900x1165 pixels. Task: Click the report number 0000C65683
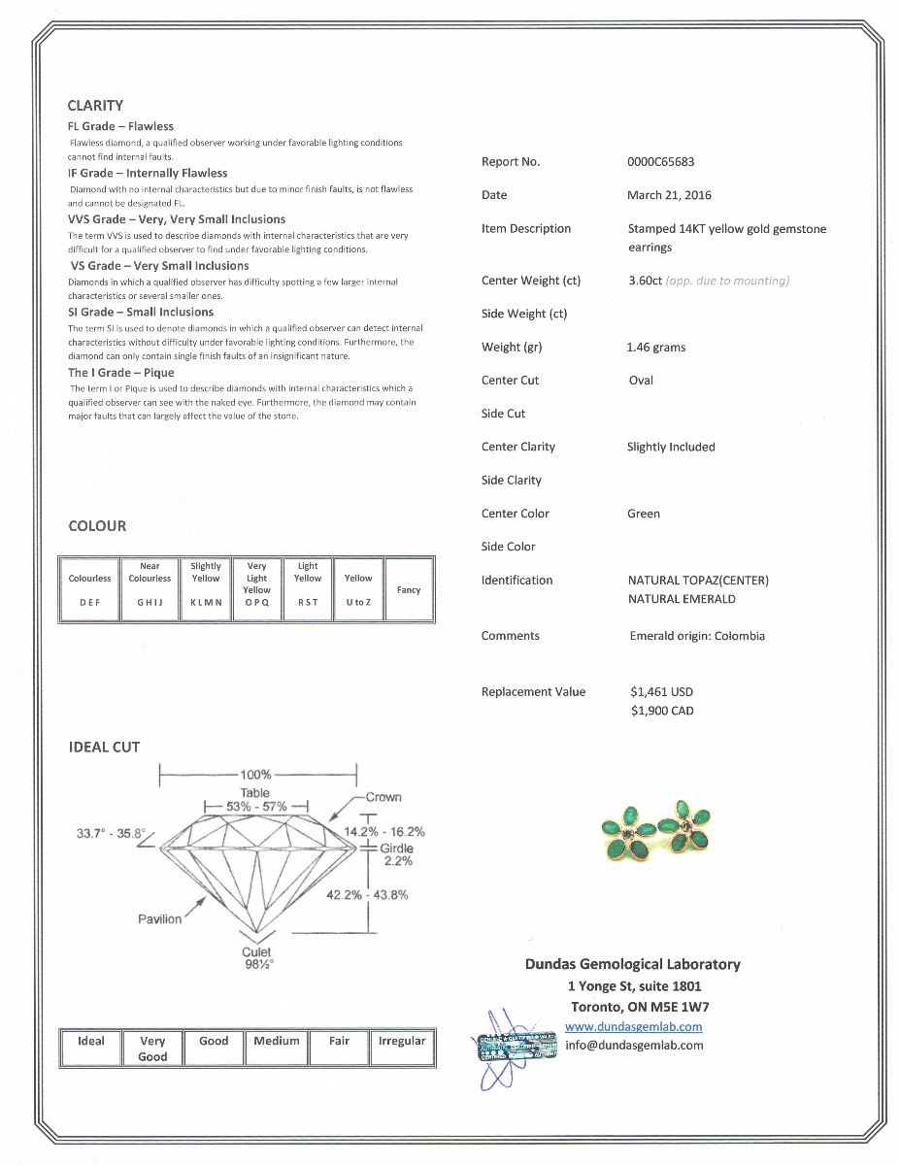(660, 162)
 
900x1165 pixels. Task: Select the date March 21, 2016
(669, 195)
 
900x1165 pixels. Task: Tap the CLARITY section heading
(95, 106)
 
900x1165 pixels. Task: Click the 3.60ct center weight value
(645, 281)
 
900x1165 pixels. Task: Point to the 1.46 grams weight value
(656, 348)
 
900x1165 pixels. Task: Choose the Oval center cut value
(641, 381)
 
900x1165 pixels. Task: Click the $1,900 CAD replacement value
(661, 711)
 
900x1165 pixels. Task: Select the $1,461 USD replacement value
(661, 692)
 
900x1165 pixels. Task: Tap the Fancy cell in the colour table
(409, 589)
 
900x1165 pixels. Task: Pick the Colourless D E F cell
(89, 589)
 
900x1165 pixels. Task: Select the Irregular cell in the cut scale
(402, 1048)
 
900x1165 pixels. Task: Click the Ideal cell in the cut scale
(90, 1048)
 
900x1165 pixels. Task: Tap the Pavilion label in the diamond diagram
(159, 919)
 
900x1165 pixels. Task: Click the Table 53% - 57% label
(255, 800)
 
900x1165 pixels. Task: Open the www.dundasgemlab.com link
(633, 1026)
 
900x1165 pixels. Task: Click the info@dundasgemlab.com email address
(634, 1045)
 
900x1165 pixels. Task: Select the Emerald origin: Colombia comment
(696, 636)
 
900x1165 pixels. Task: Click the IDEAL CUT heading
(104, 748)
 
